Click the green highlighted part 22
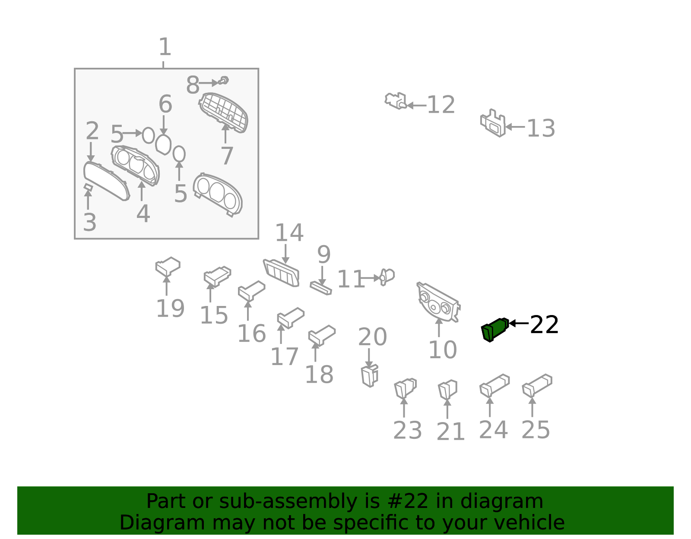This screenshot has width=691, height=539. click(x=494, y=330)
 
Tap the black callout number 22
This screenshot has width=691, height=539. click(x=544, y=325)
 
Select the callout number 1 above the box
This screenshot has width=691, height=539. click(x=165, y=47)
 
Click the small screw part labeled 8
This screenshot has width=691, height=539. click(x=224, y=81)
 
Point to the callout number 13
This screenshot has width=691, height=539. click(x=541, y=128)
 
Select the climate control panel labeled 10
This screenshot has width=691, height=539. click(x=438, y=302)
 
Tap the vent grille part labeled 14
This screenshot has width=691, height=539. click(x=282, y=273)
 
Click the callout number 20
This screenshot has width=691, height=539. click(x=372, y=337)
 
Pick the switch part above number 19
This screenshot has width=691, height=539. click(x=168, y=266)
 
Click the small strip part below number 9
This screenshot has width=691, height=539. click(x=321, y=288)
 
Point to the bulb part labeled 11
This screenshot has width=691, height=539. click(x=387, y=277)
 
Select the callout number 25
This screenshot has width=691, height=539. click(x=536, y=430)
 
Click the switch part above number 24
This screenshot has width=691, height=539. click(x=494, y=385)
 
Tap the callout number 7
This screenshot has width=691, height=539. click(x=227, y=156)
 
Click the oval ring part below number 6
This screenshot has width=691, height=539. click(x=163, y=145)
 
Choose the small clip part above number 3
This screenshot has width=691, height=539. click(x=88, y=187)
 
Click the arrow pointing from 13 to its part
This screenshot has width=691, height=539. click(x=515, y=127)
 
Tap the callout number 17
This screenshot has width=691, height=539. click(x=284, y=356)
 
